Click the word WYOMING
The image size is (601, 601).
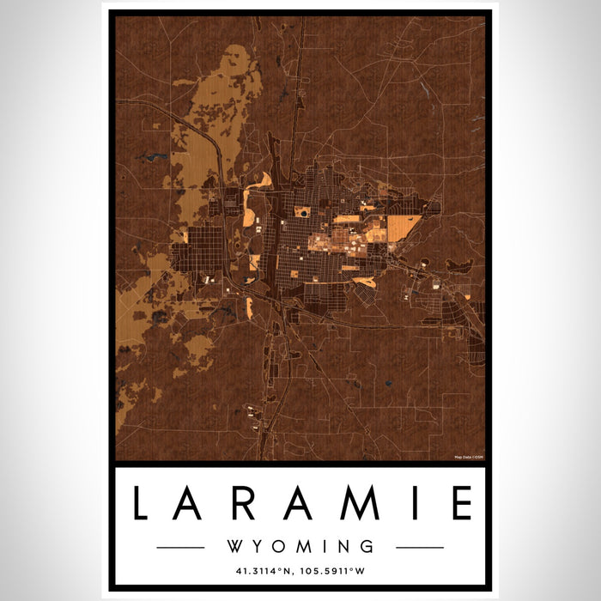pyautogui.click(x=300, y=546)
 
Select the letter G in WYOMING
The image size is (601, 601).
pyautogui.click(x=367, y=546)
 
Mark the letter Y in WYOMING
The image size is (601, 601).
pyautogui.click(x=258, y=546)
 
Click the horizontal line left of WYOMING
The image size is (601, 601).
pyautogui.click(x=180, y=547)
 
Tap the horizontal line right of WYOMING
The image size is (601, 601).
pyautogui.click(x=420, y=547)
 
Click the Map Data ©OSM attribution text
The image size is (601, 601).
pyautogui.click(x=469, y=458)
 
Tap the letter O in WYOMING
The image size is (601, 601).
pyautogui.click(x=280, y=546)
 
